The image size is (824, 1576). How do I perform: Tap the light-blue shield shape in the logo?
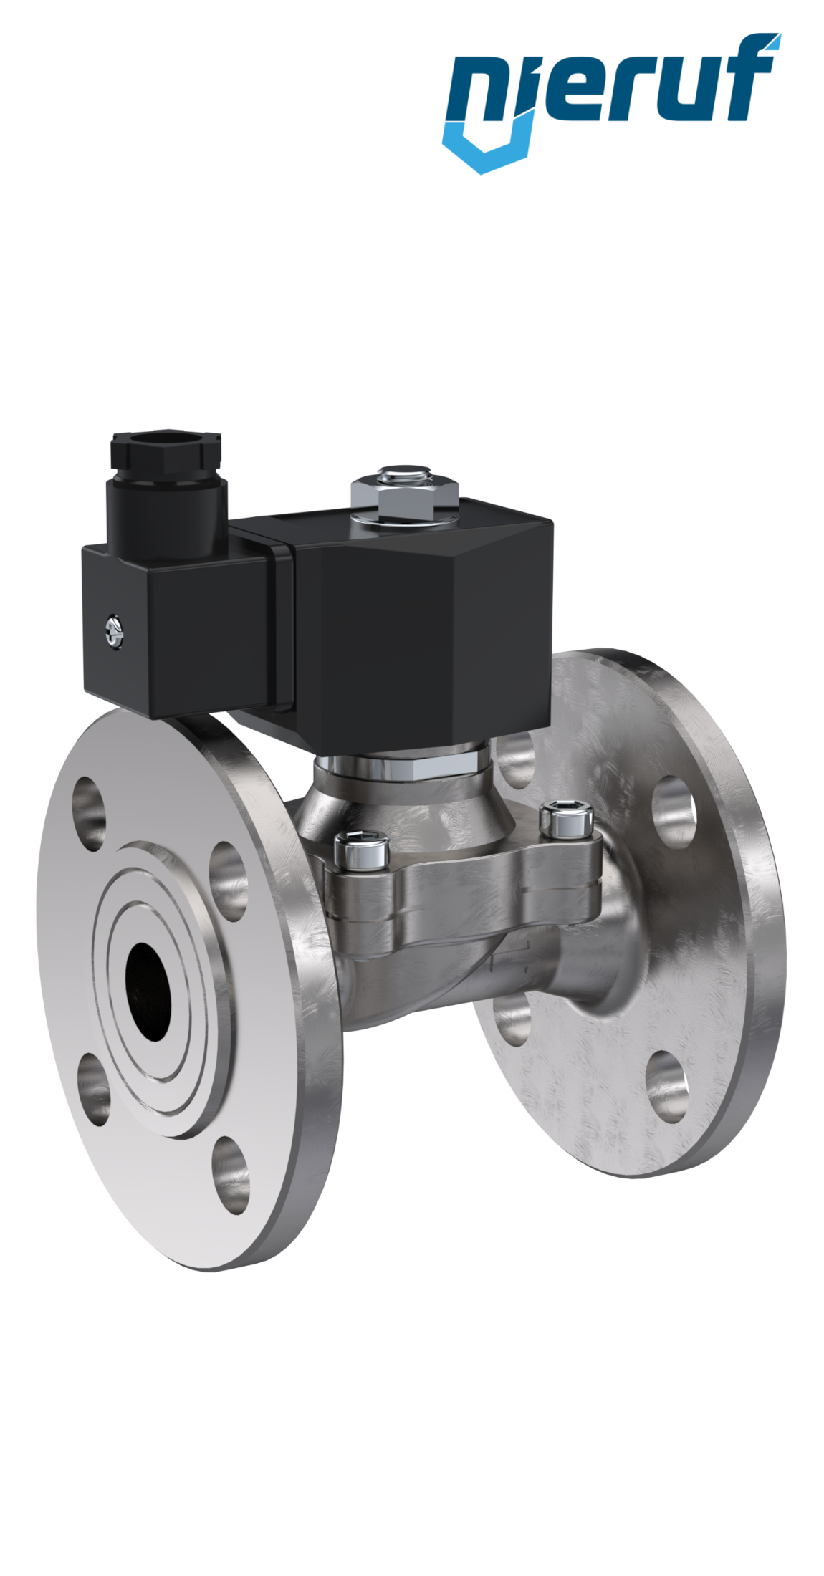(x=487, y=147)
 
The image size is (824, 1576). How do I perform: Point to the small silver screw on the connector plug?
(x=112, y=629)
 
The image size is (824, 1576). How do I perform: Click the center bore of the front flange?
(x=149, y=996)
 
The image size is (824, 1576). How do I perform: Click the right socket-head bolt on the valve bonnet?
(x=566, y=820)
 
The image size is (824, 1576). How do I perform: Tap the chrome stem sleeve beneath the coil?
(x=401, y=765)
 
